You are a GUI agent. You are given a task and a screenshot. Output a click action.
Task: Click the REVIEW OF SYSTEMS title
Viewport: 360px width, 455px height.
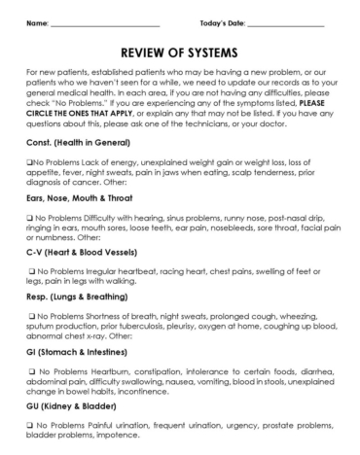point(180,52)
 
